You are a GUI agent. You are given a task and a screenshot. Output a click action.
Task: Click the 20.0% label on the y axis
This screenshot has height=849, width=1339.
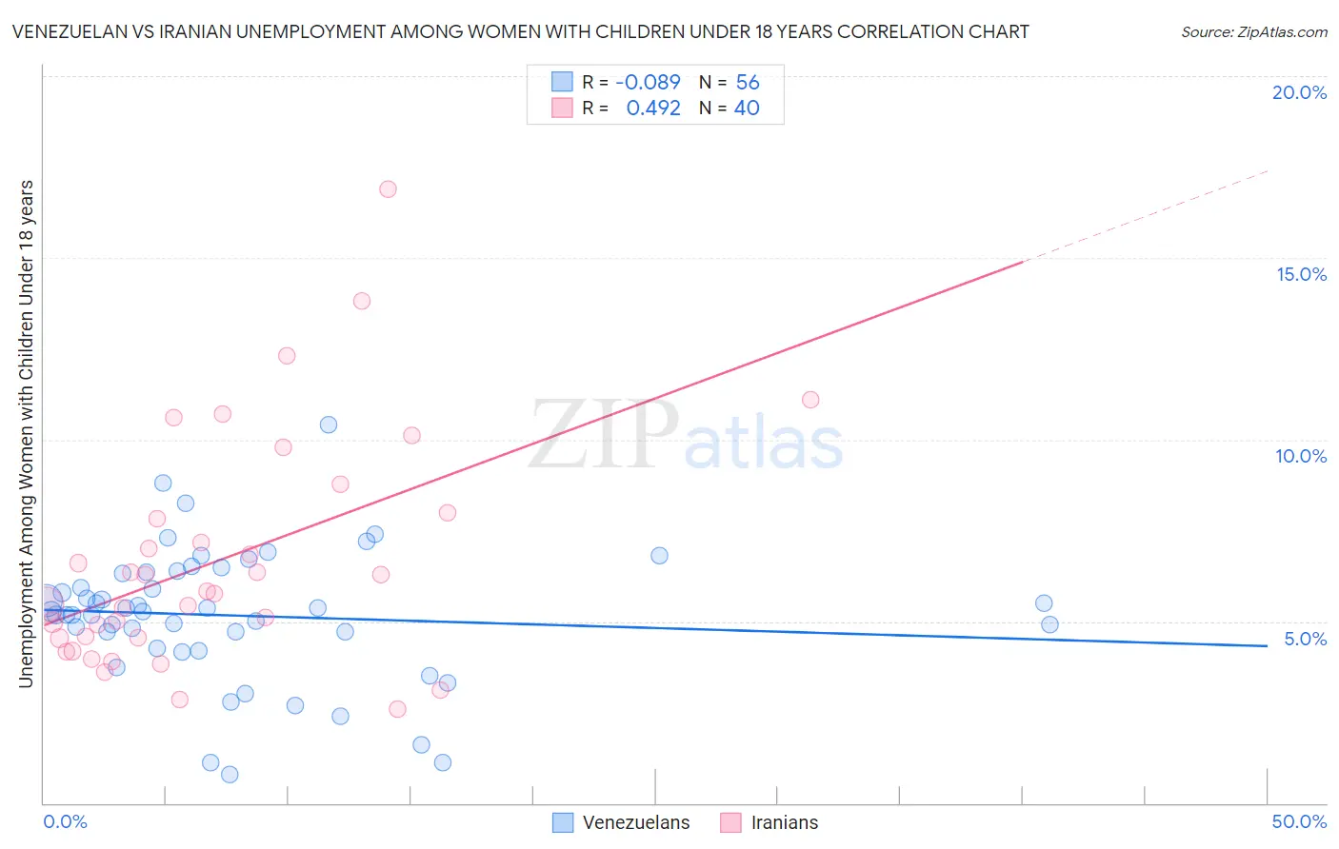(x=1299, y=92)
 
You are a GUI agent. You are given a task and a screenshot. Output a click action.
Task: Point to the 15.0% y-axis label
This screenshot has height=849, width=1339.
(x=1301, y=274)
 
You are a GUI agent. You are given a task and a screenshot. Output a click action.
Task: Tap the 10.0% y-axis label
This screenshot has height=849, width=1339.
(x=1301, y=456)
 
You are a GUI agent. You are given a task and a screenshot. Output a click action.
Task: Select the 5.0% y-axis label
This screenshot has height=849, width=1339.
(x=1305, y=639)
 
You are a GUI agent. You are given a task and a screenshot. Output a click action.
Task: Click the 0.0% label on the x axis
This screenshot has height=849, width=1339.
(x=65, y=821)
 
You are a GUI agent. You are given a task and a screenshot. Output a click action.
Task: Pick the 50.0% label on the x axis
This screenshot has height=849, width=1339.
(x=1299, y=821)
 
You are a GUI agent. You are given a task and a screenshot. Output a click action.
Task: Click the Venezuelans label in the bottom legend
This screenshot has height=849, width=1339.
(x=635, y=822)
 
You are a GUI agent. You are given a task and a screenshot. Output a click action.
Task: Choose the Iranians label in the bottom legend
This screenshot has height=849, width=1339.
(x=784, y=822)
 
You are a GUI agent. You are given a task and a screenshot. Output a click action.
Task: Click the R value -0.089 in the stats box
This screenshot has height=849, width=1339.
(x=648, y=83)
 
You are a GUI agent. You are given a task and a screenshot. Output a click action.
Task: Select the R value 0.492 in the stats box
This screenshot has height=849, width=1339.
(x=653, y=109)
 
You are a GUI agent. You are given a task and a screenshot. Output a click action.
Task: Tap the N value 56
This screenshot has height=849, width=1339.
(x=748, y=83)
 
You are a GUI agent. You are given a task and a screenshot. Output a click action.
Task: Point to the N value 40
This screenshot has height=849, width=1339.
(x=747, y=109)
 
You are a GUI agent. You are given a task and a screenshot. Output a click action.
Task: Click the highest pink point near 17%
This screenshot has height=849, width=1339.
(x=388, y=189)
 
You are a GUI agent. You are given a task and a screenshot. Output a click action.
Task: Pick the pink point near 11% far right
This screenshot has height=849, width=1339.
(x=810, y=400)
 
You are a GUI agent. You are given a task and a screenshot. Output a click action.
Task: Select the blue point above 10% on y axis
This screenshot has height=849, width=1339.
(x=329, y=424)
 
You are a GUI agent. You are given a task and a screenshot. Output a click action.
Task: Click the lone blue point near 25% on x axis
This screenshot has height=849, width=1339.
(x=659, y=556)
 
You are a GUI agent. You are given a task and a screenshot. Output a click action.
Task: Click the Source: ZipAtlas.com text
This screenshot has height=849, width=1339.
(x=1253, y=32)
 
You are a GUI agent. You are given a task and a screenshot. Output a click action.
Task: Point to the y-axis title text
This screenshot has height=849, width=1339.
(x=26, y=433)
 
